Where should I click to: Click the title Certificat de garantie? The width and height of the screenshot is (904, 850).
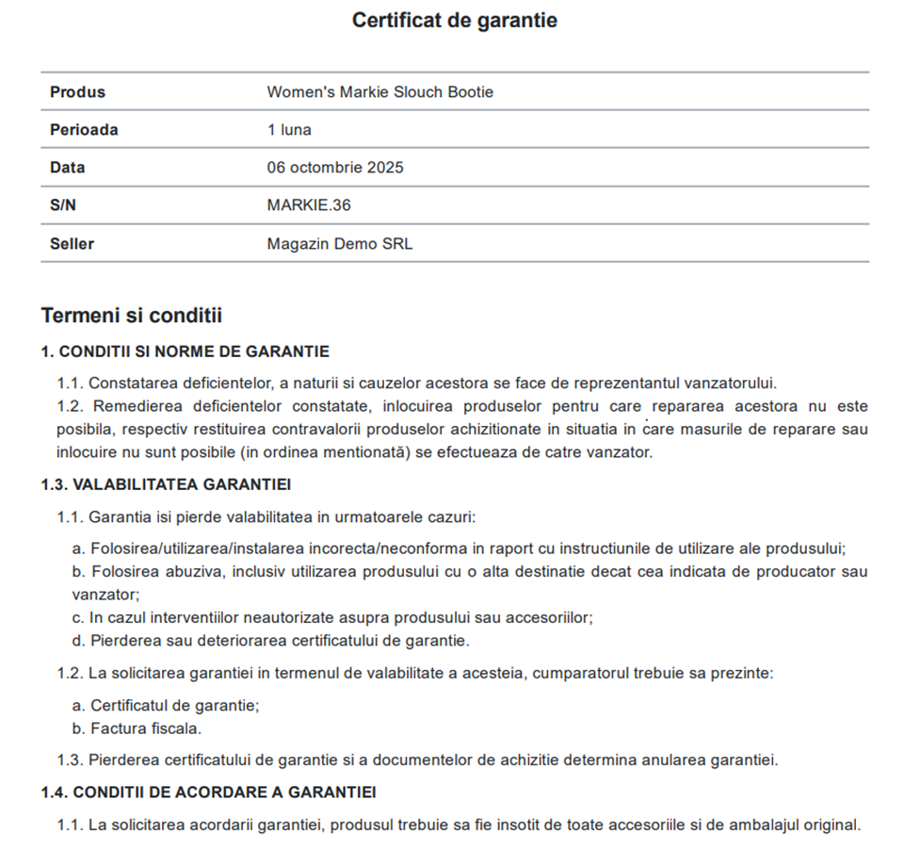click(454, 20)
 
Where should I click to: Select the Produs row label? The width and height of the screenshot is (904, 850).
click(77, 92)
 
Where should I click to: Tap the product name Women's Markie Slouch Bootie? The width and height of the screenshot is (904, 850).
click(379, 92)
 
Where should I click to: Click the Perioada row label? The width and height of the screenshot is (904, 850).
click(84, 130)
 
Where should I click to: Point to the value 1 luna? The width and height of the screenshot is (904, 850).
click(289, 130)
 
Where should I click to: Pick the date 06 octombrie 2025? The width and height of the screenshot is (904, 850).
click(335, 168)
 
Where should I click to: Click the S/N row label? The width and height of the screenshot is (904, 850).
click(63, 205)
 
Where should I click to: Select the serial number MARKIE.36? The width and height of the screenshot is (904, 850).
click(309, 205)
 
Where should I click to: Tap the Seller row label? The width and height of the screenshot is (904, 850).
click(73, 244)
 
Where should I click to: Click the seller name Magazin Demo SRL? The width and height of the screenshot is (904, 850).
click(339, 244)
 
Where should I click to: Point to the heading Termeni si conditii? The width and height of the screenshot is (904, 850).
click(131, 315)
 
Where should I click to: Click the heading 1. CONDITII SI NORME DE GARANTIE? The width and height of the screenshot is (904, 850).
click(185, 351)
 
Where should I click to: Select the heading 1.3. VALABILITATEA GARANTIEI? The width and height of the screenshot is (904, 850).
click(165, 485)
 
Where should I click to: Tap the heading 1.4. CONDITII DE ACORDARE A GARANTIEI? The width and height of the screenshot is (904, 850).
click(208, 792)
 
